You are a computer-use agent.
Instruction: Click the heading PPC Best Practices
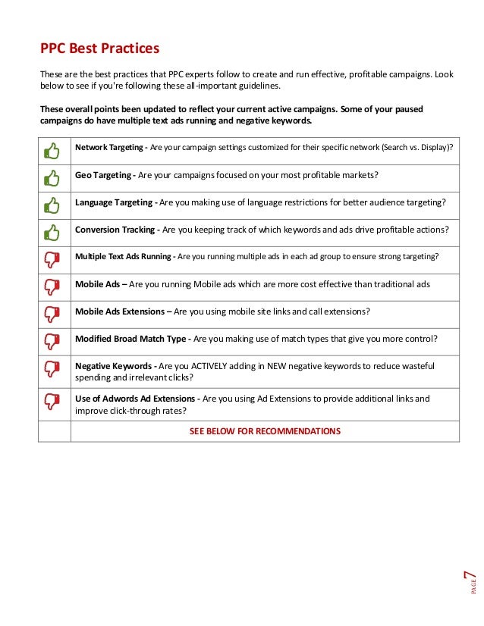[99, 49]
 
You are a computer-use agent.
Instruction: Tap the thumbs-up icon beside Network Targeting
[52, 151]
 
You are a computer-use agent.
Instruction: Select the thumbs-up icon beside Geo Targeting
[52, 178]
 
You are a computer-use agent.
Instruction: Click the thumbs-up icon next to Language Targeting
[52, 205]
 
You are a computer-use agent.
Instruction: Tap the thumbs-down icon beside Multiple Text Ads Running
[52, 259]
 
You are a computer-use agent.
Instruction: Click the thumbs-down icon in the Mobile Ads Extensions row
[52, 314]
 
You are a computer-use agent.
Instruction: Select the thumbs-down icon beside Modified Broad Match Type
[52, 341]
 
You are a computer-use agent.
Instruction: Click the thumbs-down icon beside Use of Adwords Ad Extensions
[52, 403]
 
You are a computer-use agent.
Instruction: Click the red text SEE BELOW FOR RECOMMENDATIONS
[265, 431]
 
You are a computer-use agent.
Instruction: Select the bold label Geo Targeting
[104, 175]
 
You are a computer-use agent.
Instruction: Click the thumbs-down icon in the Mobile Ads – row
[52, 286]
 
